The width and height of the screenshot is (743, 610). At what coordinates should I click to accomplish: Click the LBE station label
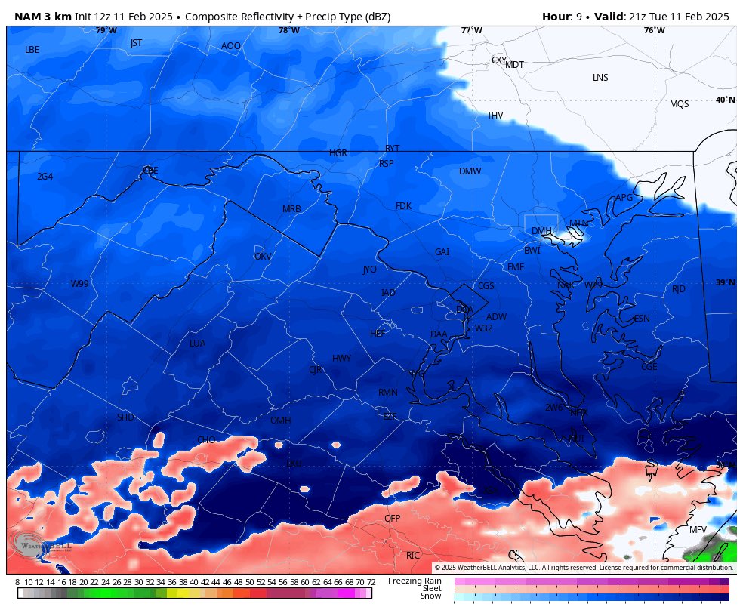pyautogui.click(x=32, y=50)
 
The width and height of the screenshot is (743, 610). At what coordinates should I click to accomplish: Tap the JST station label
pyautogui.click(x=136, y=43)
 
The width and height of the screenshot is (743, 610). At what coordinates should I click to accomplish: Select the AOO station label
pyautogui.click(x=230, y=46)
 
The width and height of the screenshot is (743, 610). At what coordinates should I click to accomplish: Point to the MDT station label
pyautogui.click(x=514, y=65)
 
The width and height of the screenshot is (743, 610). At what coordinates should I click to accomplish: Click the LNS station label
pyautogui.click(x=600, y=78)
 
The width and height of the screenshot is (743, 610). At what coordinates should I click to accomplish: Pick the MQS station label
pyautogui.click(x=679, y=104)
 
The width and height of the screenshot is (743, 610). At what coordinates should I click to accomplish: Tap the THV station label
pyautogui.click(x=495, y=116)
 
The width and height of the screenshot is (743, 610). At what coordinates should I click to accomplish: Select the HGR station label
pyautogui.click(x=338, y=153)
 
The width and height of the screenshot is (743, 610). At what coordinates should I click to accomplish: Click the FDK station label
pyautogui.click(x=403, y=206)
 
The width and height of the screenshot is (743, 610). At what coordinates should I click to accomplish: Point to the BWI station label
pyautogui.click(x=532, y=251)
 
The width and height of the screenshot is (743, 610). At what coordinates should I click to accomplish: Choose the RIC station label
pyautogui.click(x=412, y=556)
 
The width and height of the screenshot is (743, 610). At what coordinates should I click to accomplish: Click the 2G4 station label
pyautogui.click(x=45, y=177)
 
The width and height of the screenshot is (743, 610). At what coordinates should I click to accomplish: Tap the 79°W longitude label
pyautogui.click(x=106, y=30)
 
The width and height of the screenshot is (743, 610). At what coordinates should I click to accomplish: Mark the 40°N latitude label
pyautogui.click(x=724, y=100)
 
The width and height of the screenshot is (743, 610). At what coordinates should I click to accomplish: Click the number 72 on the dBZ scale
pyautogui.click(x=371, y=582)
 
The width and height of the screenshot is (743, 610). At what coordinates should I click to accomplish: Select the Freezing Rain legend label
pyautogui.click(x=415, y=581)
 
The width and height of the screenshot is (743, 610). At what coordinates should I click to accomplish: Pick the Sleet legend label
pyautogui.click(x=431, y=588)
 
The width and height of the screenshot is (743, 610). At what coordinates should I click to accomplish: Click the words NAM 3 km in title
pyautogui.click(x=43, y=17)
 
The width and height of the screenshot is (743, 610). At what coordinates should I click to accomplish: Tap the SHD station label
pyautogui.click(x=125, y=417)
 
